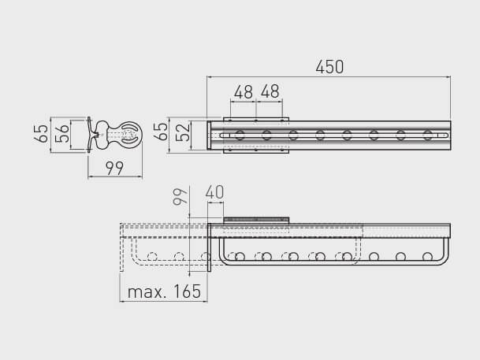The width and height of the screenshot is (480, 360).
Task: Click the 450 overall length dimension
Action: click(329, 67)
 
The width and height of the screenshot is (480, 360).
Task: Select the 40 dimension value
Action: click(214, 192)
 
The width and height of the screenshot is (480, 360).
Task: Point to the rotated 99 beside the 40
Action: click(179, 196)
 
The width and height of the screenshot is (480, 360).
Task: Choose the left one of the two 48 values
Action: click(244, 92)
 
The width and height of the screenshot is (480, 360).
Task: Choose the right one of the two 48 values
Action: click(270, 92)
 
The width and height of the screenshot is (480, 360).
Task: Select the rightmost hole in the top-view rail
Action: click(427, 135)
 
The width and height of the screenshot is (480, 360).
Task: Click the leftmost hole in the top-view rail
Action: click(240, 135)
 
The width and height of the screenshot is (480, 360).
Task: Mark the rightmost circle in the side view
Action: click(427, 256)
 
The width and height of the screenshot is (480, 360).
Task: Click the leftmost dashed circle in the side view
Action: click(153, 256)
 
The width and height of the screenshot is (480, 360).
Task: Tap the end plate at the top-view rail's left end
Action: click(210, 135)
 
